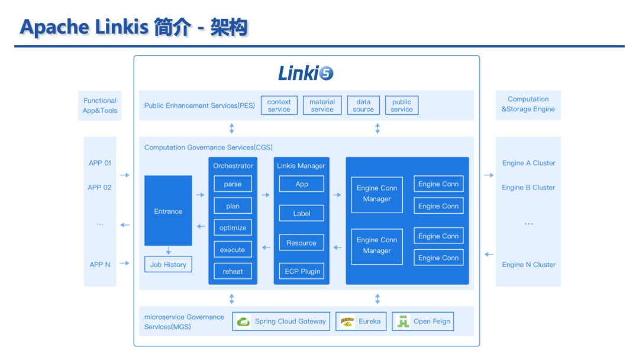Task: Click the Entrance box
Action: [168, 211]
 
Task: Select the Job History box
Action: [168, 264]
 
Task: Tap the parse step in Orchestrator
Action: [233, 184]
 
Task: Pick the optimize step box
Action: [233, 227]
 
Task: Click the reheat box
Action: [233, 271]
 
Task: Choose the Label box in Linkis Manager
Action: [302, 213]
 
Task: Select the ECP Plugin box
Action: [302, 271]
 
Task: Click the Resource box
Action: [302, 243]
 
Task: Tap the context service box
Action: [279, 105]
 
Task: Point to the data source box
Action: [363, 105]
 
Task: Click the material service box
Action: [322, 105]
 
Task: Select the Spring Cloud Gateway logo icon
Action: [243, 322]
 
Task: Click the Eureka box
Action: [361, 322]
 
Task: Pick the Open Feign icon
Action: [403, 322]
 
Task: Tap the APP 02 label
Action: [99, 187]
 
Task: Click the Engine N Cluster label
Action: [528, 265]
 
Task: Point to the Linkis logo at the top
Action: [306, 73]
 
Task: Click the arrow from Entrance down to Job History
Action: [168, 250]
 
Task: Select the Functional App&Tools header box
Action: [100, 105]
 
